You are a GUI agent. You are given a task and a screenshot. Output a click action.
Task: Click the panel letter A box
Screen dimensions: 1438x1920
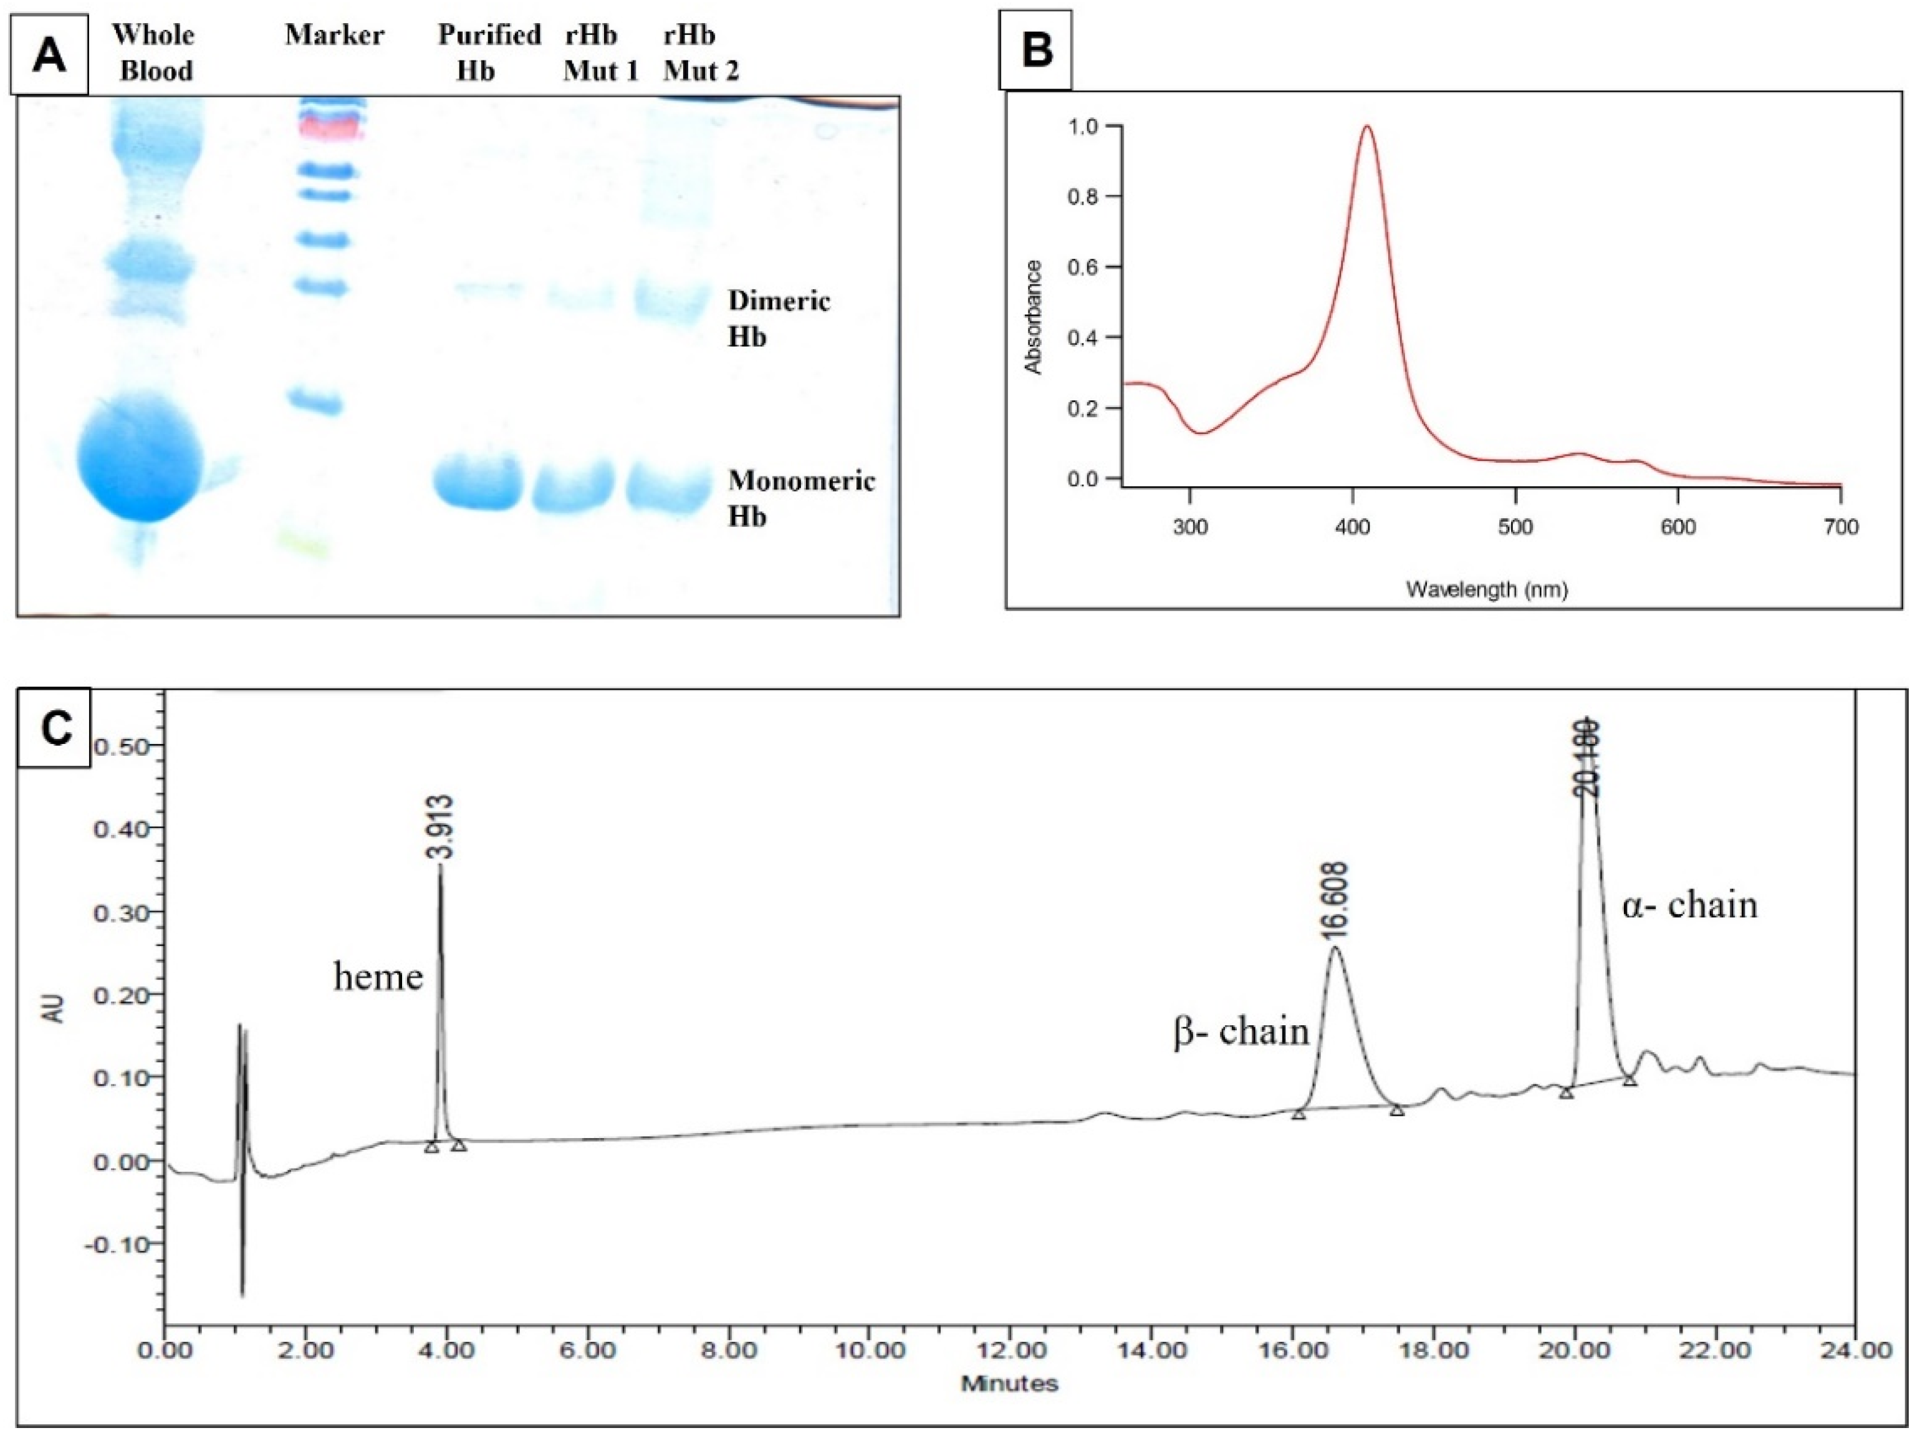(49, 55)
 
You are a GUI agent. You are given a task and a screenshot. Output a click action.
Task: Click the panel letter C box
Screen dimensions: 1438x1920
(55, 728)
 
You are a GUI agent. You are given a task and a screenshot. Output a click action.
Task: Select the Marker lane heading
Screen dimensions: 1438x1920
(334, 35)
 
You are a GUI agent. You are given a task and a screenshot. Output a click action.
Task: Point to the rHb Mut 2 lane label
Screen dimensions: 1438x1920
(701, 52)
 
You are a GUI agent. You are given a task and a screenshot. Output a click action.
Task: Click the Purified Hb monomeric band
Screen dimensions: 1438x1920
(478, 482)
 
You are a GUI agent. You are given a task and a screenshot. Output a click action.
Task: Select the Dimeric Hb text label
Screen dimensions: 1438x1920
(778, 318)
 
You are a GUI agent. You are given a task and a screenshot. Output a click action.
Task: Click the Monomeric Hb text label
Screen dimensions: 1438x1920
(800, 498)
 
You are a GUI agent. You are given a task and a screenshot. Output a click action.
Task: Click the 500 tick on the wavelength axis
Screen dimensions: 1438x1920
(1515, 527)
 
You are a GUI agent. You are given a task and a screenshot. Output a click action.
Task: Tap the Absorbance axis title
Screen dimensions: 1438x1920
(1033, 317)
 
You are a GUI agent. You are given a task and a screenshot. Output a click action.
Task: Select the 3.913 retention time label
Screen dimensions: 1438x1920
(439, 827)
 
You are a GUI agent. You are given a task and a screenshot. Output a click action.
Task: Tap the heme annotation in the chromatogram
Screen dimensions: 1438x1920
(378, 977)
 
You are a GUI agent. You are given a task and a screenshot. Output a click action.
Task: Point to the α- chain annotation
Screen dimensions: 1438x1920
(1689, 905)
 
